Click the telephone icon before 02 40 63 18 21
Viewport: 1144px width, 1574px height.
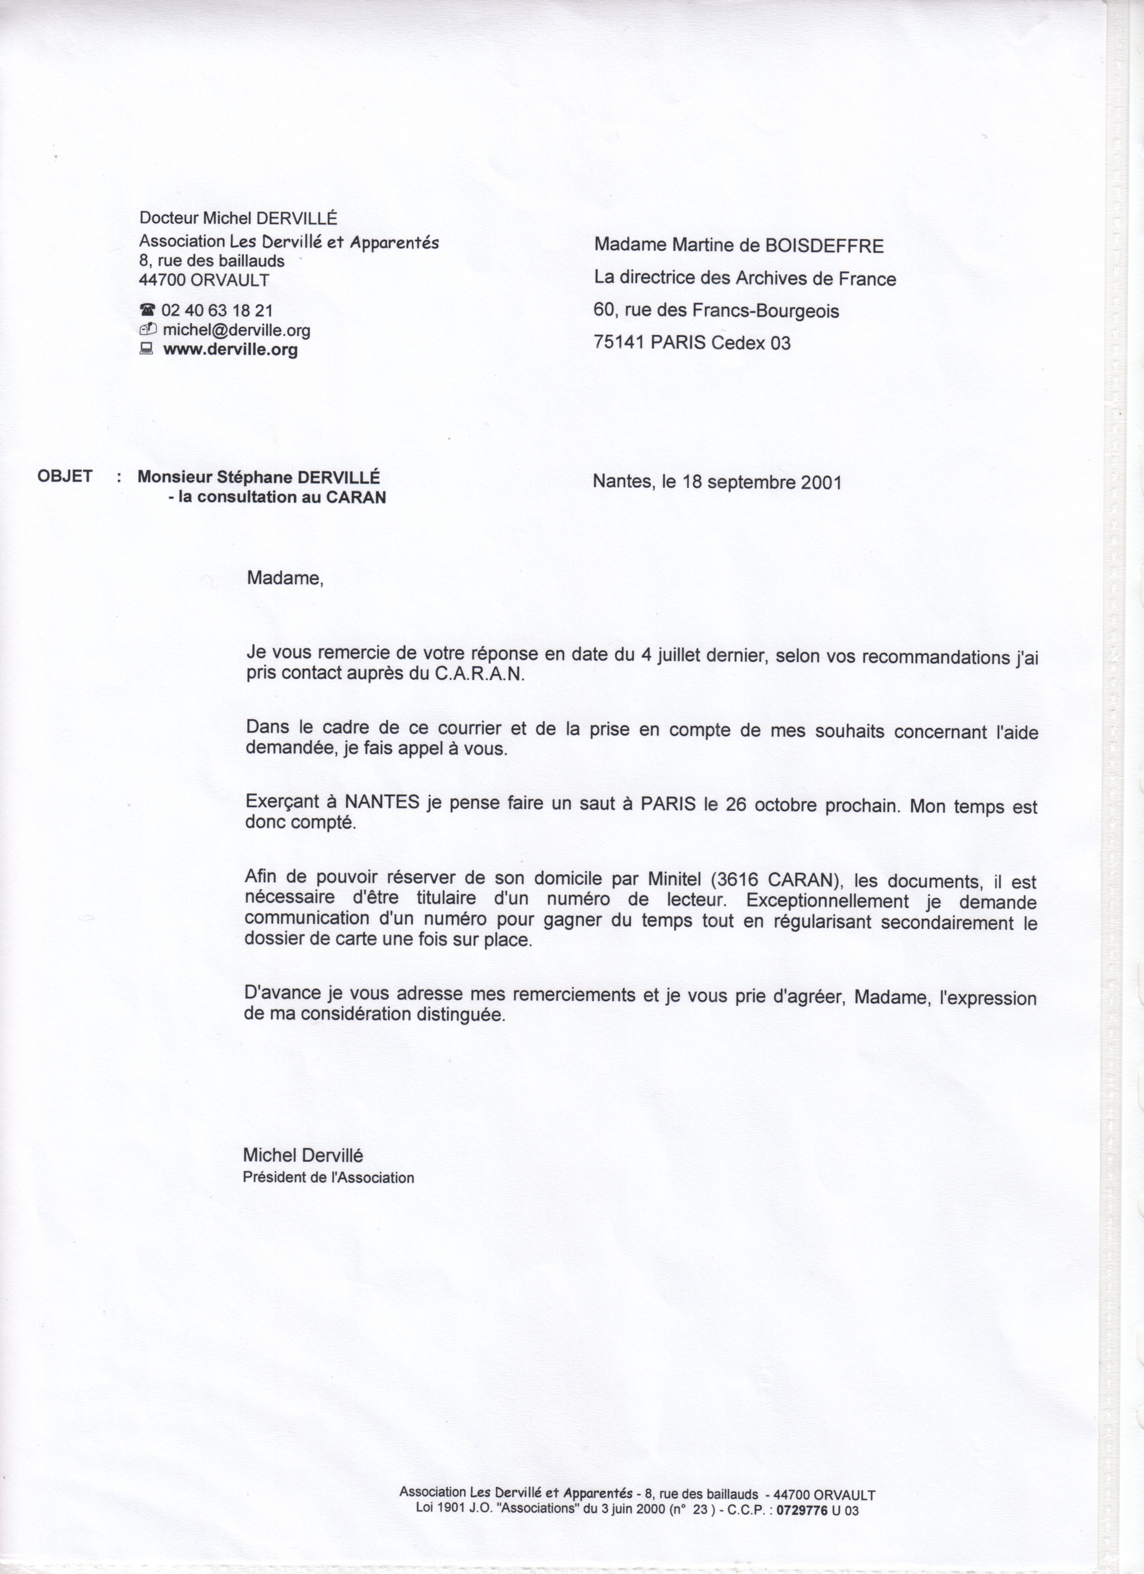[147, 310]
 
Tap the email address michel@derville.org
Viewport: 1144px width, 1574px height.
[236, 330]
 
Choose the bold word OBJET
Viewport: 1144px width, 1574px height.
[65, 476]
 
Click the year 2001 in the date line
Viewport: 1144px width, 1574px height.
[821, 482]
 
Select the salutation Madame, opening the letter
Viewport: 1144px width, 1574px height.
[285, 577]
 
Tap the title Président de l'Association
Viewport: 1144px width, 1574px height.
[328, 1178]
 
